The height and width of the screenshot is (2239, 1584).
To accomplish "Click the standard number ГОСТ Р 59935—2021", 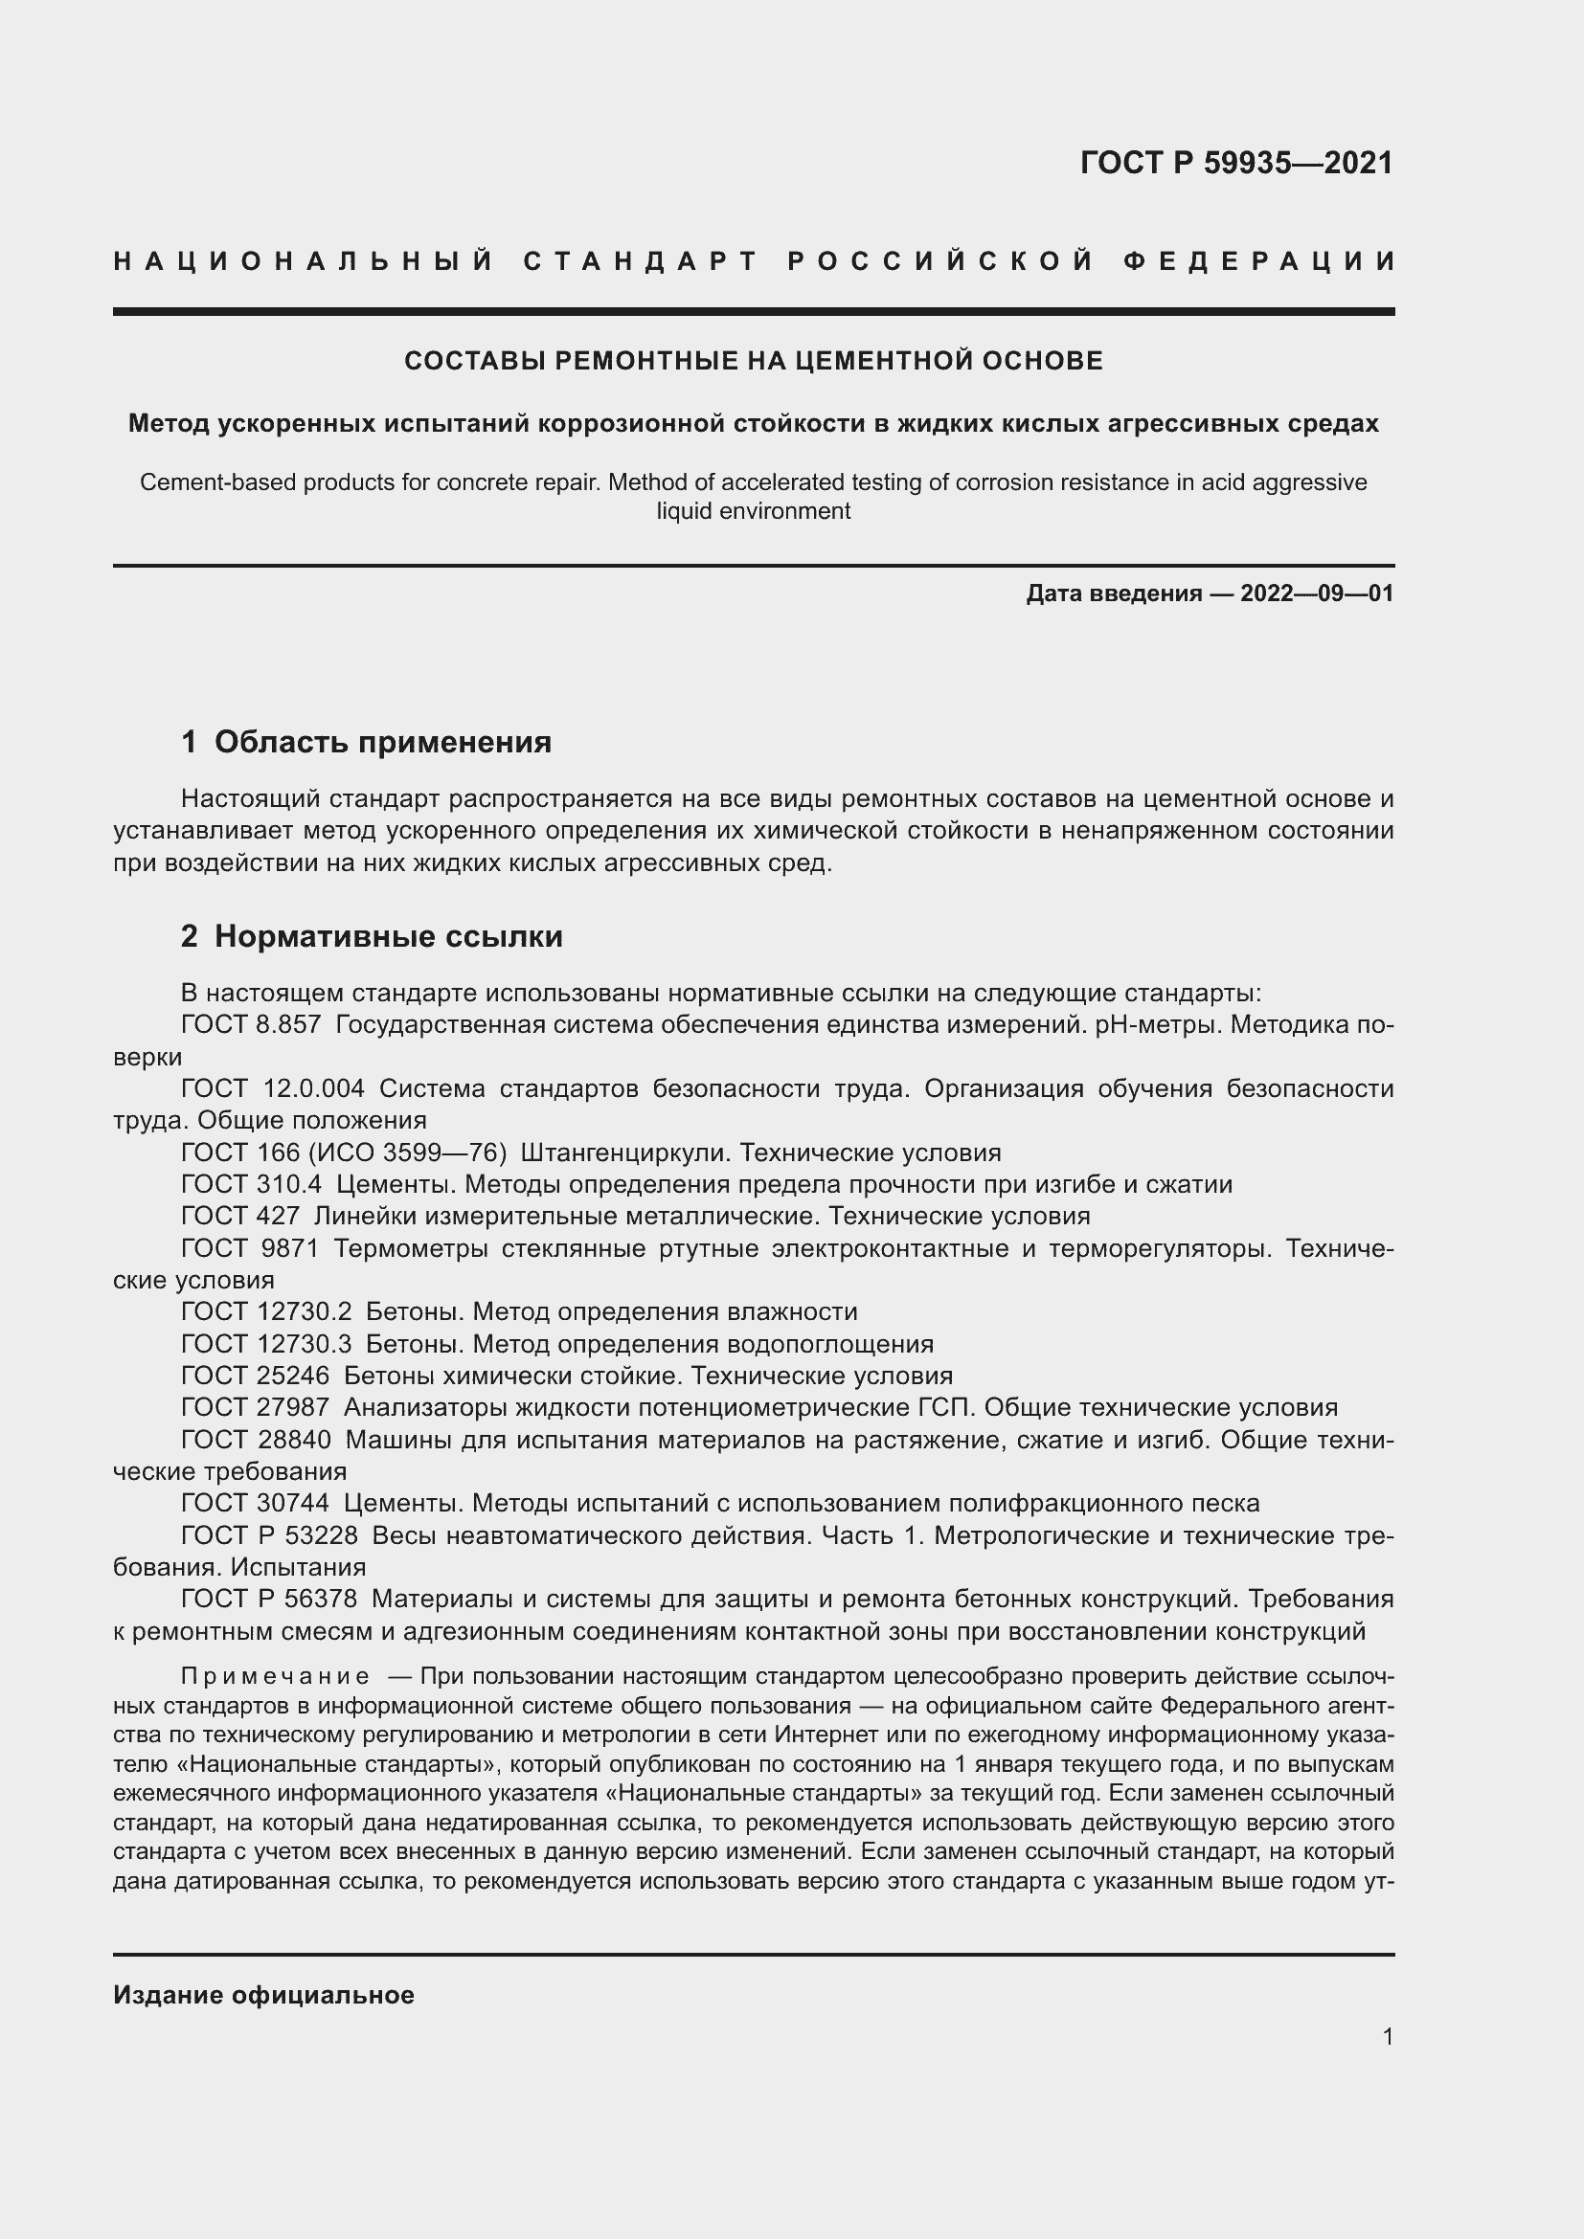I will pos(1235,163).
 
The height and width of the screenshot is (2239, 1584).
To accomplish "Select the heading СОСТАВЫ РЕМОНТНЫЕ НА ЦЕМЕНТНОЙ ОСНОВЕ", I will pos(753,361).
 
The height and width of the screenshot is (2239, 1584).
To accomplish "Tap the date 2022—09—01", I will pos(1316,593).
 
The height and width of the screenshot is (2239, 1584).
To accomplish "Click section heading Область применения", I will pos(382,742).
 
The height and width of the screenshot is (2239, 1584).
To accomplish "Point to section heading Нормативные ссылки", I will pos(388,936).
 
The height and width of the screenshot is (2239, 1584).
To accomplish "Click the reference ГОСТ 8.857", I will pos(251,1025).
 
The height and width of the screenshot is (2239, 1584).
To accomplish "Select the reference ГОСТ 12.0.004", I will pos(272,1088).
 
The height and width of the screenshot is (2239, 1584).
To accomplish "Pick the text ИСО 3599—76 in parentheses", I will pos(408,1153).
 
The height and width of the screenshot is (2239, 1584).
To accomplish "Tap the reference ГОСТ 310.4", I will pos(251,1185).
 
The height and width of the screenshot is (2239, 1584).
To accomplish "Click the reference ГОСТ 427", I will pos(240,1216).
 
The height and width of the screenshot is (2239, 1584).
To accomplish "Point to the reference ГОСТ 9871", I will pos(250,1248).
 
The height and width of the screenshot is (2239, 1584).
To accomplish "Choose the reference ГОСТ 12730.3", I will pos(265,1344).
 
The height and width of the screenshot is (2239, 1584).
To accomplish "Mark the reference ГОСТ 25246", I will pos(255,1376).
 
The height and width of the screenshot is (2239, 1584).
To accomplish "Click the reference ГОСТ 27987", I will pos(255,1407).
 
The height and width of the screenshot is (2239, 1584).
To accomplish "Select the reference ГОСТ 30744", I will pos(255,1503).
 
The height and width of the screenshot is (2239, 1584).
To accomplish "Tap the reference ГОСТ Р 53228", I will pos(269,1535).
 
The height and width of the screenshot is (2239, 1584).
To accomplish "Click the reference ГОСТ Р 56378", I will pos(269,1600).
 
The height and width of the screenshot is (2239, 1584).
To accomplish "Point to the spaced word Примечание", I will pos(275,1676).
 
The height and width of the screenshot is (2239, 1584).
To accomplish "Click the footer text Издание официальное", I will pos(263,1995).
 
